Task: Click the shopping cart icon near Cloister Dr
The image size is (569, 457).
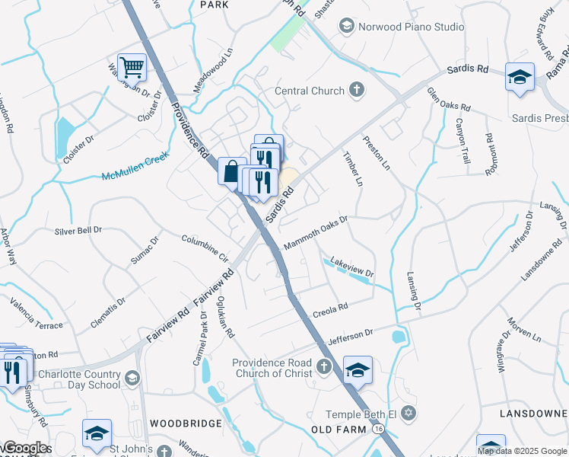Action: pos(132,67)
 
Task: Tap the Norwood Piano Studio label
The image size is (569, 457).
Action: pos(412,27)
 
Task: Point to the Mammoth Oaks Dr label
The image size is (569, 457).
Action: pos(315,233)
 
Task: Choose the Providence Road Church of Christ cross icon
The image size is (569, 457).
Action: pos(323,367)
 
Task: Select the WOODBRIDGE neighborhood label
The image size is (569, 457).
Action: pos(186,423)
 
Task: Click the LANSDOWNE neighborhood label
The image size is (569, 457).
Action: pos(532,413)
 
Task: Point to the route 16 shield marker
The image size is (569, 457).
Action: pos(378,431)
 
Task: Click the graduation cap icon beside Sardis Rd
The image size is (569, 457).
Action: pos(520,77)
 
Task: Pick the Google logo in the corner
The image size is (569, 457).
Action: pos(24,448)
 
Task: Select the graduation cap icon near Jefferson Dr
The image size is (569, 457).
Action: pos(358,370)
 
